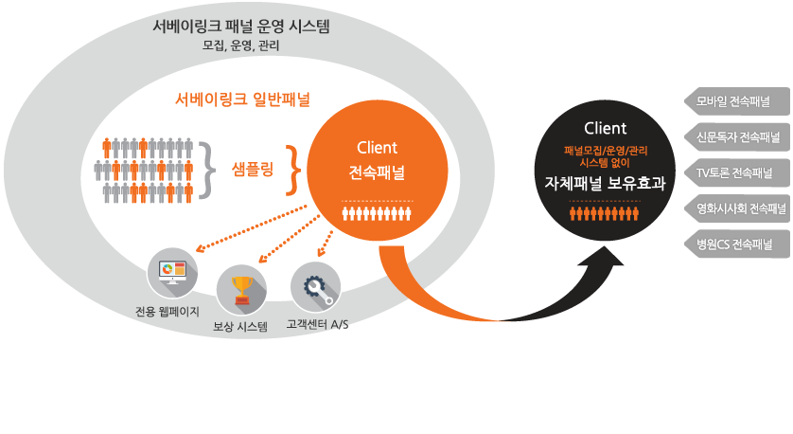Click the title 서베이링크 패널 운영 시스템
click(240, 27)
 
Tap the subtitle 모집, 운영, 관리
click(240, 45)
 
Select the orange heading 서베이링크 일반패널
click(243, 99)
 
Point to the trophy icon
click(241, 289)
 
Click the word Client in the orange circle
click(377, 148)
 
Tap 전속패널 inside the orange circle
click(377, 172)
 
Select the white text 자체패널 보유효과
click(606, 183)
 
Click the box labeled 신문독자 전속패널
click(736, 137)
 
